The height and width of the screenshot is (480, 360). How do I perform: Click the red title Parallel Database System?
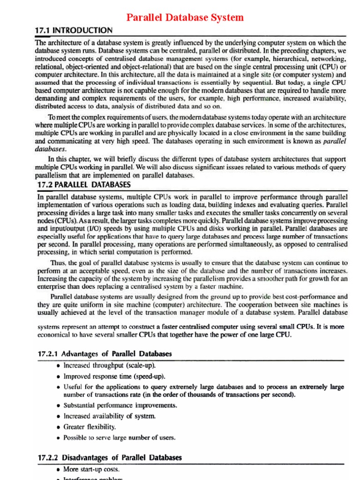pyautogui.click(x=185, y=18)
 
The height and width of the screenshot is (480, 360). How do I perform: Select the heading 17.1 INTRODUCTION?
pyautogui.click(x=74, y=30)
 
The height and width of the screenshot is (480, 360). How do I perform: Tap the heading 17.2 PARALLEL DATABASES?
pyautogui.click(x=83, y=185)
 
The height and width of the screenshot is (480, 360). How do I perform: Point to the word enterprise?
pyautogui.click(x=52, y=286)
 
